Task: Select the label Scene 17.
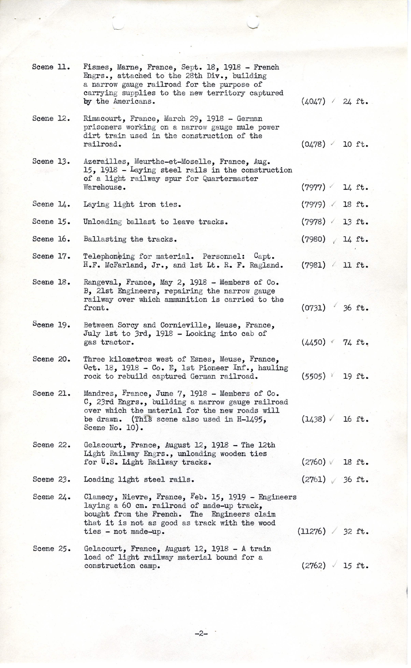[x=51, y=256]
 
